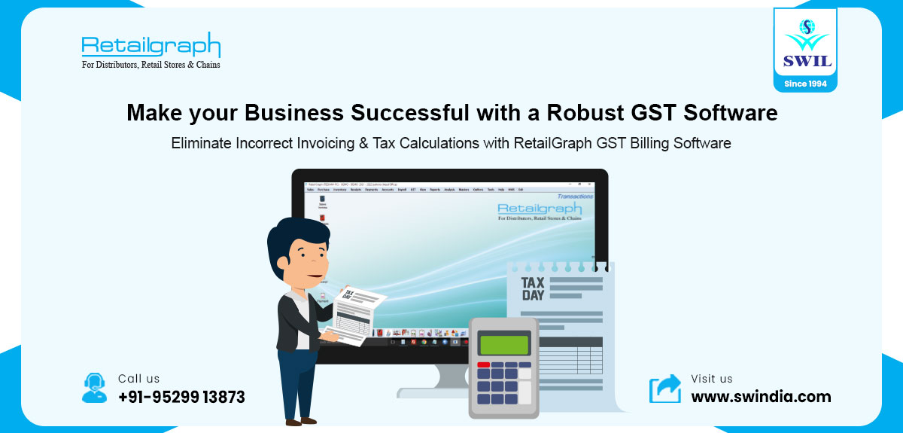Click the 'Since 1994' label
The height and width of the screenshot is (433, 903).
[805, 84]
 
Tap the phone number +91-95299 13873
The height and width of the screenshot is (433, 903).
[181, 397]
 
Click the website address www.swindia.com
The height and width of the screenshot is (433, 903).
[761, 397]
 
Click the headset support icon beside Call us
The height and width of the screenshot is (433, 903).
[94, 387]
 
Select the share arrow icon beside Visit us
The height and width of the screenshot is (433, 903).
[664, 389]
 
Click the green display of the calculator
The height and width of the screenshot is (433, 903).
[503, 344]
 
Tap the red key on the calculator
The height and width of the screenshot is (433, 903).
[483, 365]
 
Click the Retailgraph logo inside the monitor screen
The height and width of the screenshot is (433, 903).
[540, 209]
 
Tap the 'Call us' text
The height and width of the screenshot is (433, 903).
[139, 379]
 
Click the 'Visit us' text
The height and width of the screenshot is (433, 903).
[712, 379]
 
